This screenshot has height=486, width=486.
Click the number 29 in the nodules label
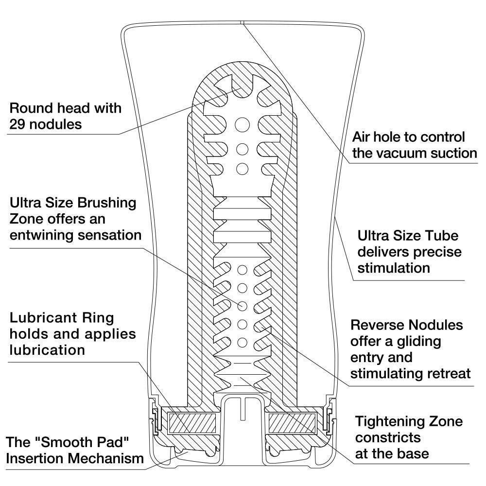coord(20,124)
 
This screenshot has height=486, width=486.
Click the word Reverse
coord(378,325)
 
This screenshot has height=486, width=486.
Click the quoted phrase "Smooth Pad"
coord(85,442)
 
